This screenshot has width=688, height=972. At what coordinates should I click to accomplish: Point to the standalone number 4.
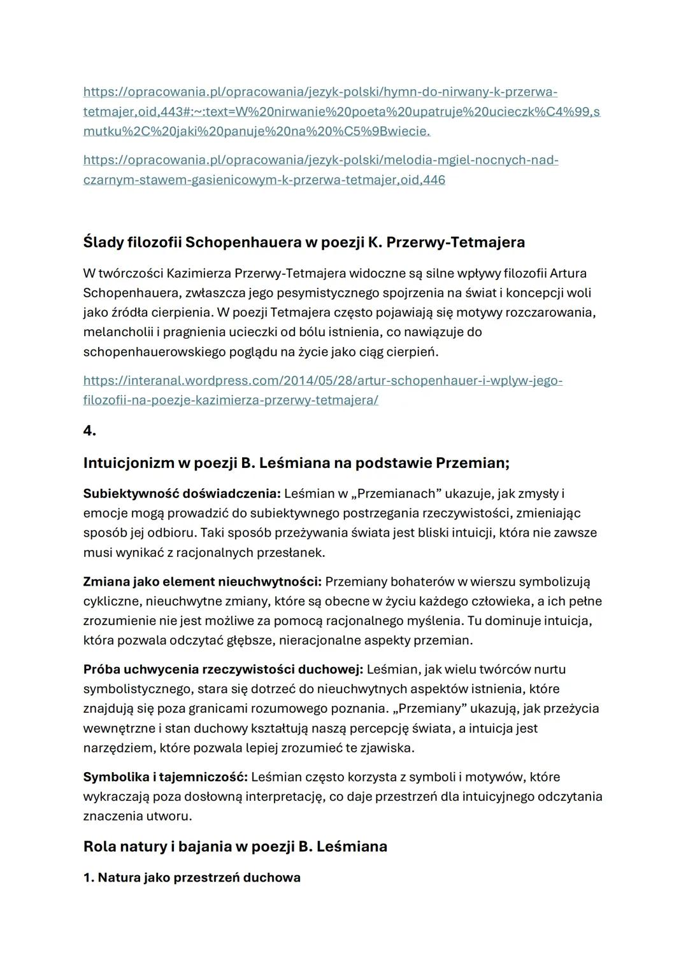coord(89,431)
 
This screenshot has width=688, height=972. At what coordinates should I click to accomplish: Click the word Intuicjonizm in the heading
coord(128,463)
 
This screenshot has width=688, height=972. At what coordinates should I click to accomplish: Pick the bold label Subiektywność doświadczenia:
coord(182,493)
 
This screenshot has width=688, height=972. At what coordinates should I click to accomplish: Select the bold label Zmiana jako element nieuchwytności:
coord(202,581)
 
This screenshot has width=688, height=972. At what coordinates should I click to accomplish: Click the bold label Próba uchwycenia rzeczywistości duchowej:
coord(223,669)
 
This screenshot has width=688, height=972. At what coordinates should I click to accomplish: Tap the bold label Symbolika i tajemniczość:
coord(166,777)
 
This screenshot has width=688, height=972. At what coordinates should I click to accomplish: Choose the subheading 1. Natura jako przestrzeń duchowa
coord(192,878)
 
